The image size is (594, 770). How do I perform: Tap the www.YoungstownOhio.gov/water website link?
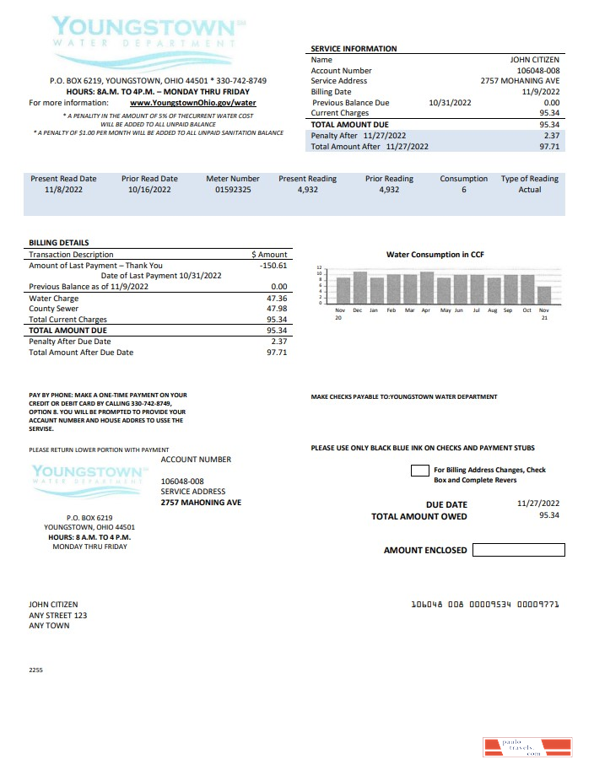(193, 103)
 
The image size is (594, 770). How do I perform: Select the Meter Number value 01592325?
(233, 191)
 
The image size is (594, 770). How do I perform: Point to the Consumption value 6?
(463, 191)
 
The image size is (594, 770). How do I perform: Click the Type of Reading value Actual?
(529, 191)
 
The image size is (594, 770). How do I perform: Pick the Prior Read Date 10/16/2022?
(149, 191)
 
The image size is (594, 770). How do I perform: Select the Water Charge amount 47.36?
(276, 299)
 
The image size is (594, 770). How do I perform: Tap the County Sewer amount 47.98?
(276, 309)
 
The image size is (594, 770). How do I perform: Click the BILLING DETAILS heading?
(58, 243)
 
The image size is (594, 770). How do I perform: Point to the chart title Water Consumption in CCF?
(435, 255)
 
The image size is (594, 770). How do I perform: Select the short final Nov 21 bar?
(544, 294)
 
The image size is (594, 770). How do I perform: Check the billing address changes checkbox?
(419, 471)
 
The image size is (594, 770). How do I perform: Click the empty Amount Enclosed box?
(518, 550)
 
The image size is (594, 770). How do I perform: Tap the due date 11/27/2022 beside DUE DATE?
(537, 503)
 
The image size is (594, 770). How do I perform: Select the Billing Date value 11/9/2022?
(541, 92)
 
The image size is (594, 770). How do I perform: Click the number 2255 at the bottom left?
(35, 670)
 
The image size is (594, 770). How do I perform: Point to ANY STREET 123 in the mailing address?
(57, 616)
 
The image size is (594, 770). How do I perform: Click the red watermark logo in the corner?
(527, 746)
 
